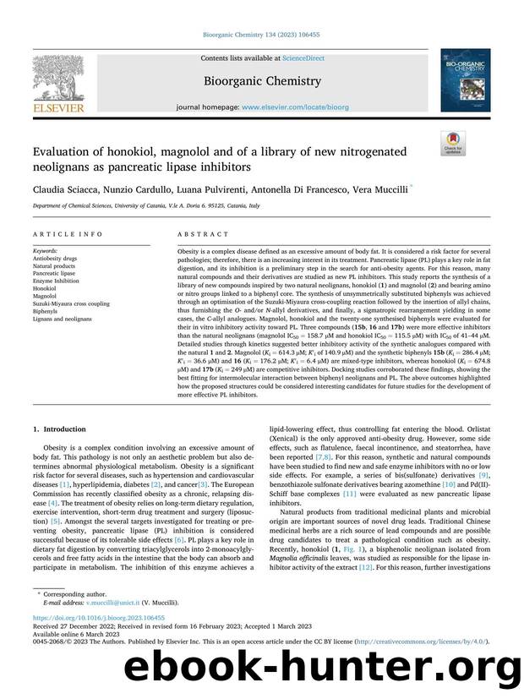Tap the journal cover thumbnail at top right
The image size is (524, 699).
tap(464, 77)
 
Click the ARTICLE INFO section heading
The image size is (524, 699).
tap(68, 233)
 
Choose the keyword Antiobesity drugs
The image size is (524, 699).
tap(55, 258)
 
